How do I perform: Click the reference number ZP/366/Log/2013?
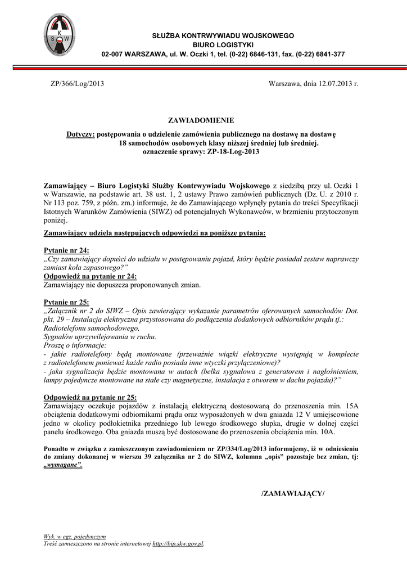click(77, 83)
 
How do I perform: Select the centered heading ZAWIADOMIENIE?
click(201, 120)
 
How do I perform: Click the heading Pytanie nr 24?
click(66, 250)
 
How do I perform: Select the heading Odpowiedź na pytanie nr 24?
click(90, 276)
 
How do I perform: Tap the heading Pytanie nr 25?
click(66, 302)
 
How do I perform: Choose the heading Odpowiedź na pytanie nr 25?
click(90, 397)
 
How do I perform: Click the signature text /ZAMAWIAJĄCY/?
click(293, 493)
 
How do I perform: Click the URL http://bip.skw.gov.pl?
click(178, 544)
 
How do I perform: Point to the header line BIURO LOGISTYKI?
click(223, 44)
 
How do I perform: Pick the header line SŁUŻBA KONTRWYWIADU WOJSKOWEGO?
click(223, 35)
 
